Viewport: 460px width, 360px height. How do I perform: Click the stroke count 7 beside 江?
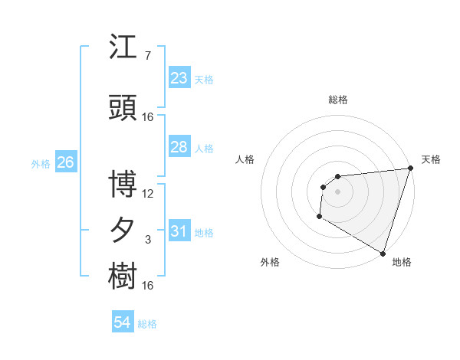(x=148, y=56)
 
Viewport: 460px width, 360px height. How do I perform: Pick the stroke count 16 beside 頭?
(x=148, y=116)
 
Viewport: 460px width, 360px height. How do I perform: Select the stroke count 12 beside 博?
(x=148, y=193)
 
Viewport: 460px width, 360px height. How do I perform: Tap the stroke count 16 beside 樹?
(x=148, y=286)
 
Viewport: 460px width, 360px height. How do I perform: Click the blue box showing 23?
(x=179, y=78)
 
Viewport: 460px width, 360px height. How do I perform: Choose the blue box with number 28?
(x=179, y=147)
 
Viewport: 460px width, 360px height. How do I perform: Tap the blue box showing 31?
(x=179, y=231)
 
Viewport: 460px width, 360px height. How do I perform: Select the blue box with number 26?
(x=65, y=162)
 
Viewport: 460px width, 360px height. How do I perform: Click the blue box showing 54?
(x=122, y=322)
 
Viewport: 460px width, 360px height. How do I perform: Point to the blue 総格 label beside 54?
(x=147, y=324)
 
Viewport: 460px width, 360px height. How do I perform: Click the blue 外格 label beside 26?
(x=41, y=164)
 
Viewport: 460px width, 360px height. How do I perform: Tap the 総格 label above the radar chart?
(x=337, y=100)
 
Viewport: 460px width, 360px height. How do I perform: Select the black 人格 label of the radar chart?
(x=245, y=159)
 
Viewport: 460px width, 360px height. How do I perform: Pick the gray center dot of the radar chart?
(x=337, y=191)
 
